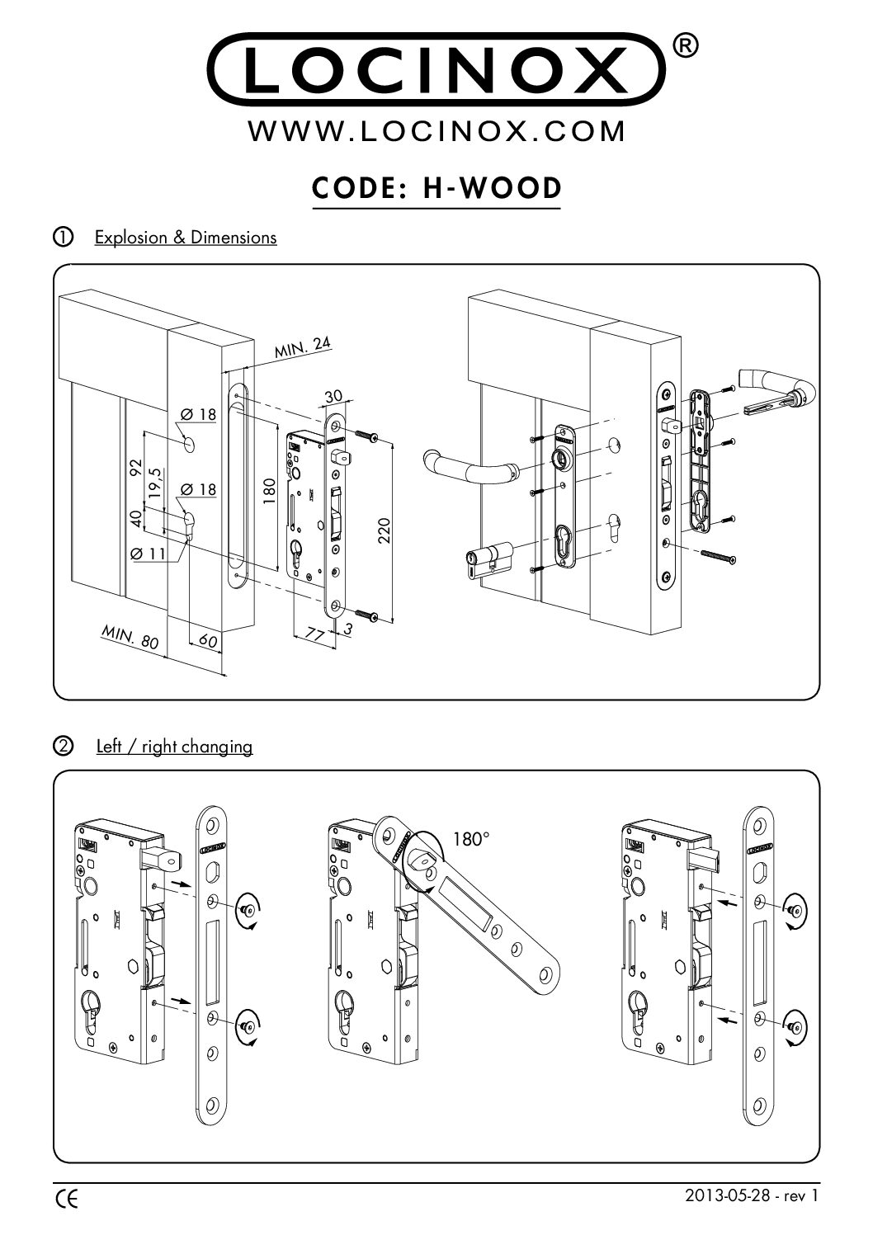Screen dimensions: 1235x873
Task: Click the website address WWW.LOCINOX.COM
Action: pyautogui.click(x=436, y=132)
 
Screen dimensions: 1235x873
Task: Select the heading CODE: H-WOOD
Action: pyautogui.click(x=436, y=189)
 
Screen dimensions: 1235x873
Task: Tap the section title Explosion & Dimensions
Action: pyautogui.click(x=186, y=238)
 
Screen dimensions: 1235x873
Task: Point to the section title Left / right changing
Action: pyautogui.click(x=173, y=747)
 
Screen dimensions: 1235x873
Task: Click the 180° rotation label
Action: pyautogui.click(x=471, y=840)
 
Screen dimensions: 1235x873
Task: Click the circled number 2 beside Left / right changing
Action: pyautogui.click(x=61, y=747)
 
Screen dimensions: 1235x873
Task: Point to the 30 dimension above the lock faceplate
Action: pyautogui.click(x=333, y=398)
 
